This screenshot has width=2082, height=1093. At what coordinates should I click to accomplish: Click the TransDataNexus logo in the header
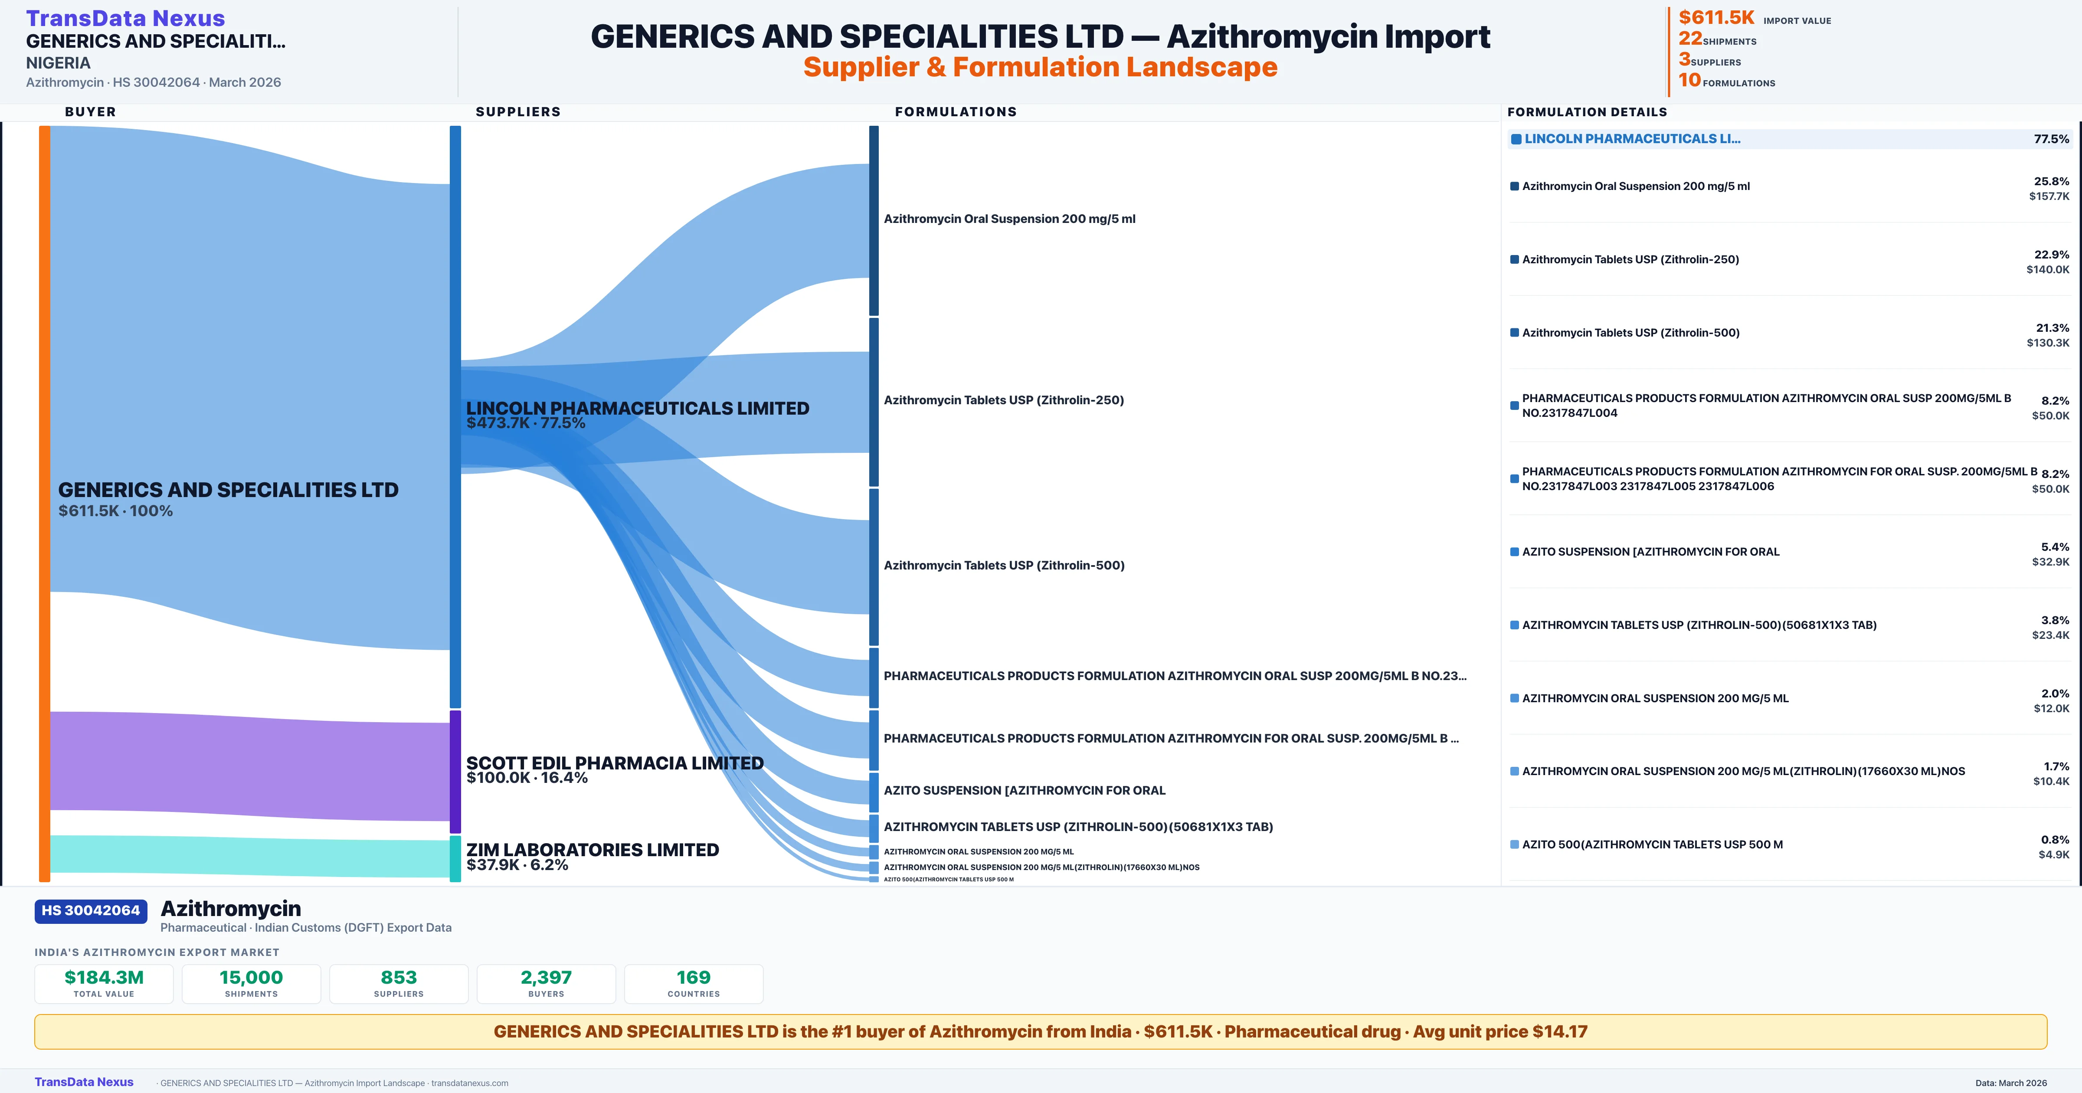coord(125,18)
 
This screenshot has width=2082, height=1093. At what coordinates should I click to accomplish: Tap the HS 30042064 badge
coord(91,911)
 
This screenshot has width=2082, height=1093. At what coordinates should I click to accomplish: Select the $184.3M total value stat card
coord(104,984)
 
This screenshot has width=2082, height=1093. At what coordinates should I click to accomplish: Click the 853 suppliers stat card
coord(399,984)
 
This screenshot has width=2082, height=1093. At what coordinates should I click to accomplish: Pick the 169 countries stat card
coord(694,984)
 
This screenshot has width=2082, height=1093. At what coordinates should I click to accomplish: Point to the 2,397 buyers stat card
coord(547,984)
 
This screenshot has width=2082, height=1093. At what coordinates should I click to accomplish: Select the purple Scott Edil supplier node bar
coord(455,771)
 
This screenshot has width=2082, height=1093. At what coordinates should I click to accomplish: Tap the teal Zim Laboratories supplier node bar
coord(455,858)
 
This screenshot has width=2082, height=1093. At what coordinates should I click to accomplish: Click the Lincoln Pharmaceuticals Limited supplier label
coord(638,408)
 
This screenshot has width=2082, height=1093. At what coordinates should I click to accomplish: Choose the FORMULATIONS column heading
coord(955,111)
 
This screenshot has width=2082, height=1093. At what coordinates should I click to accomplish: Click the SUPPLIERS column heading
coord(518,111)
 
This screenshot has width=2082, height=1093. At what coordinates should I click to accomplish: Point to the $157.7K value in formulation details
coord(2049,196)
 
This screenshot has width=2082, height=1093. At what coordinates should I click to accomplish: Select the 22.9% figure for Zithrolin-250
coord(2051,255)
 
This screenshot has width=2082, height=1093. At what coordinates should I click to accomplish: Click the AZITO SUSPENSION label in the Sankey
coord(1024,791)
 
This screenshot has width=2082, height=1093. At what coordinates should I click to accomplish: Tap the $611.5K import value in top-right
coord(1716,17)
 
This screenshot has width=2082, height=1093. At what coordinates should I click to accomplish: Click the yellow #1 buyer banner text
coord(1040,1031)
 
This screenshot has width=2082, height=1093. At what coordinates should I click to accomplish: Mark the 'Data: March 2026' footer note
coord(2011,1083)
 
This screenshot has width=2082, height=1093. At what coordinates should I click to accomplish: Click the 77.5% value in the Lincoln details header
coord(2051,139)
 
